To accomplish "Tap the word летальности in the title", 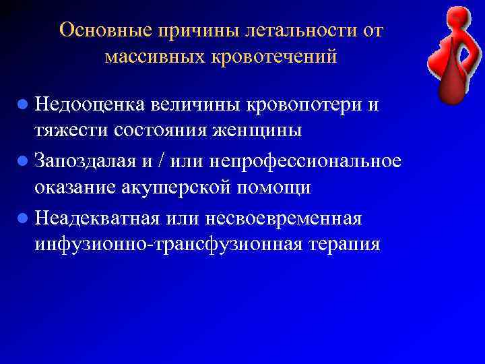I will pyautogui.click(x=288, y=30).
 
